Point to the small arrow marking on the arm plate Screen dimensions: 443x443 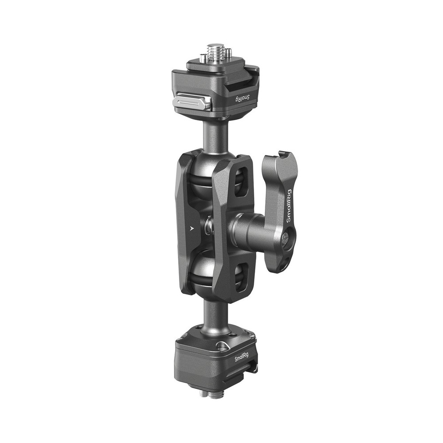[x=191, y=229]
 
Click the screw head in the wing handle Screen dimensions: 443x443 [x=286, y=239]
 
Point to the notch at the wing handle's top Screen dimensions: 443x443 [x=280, y=155]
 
